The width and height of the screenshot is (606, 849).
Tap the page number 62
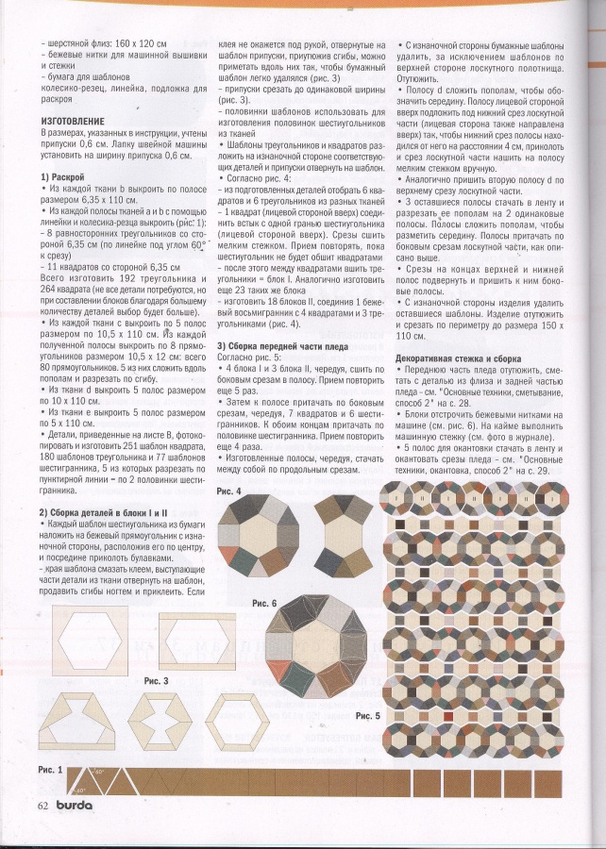[x=43, y=805]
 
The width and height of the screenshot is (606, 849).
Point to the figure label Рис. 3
[x=156, y=679]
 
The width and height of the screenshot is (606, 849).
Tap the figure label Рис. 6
[x=264, y=602]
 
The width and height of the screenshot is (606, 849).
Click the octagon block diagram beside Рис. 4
[x=259, y=539]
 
